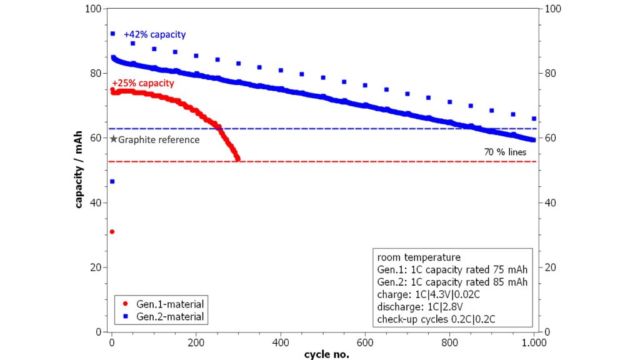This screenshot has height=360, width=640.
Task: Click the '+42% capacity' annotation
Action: coord(154,34)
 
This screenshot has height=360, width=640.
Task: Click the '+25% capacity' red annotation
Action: coord(142,83)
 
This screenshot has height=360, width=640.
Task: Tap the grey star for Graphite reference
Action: coord(113,139)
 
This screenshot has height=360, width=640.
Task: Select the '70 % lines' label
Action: coord(505,152)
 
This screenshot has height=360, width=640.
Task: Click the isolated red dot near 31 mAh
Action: coord(112,232)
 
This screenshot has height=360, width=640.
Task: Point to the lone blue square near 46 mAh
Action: coord(112,182)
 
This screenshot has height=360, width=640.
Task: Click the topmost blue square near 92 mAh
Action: coord(112,34)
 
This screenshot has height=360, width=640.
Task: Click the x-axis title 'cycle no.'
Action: coord(326,354)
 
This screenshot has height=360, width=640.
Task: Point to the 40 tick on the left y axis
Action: coord(94,202)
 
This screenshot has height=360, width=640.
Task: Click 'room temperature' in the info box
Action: coord(419,257)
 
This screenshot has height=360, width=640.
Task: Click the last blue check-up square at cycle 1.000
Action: coord(534,118)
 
